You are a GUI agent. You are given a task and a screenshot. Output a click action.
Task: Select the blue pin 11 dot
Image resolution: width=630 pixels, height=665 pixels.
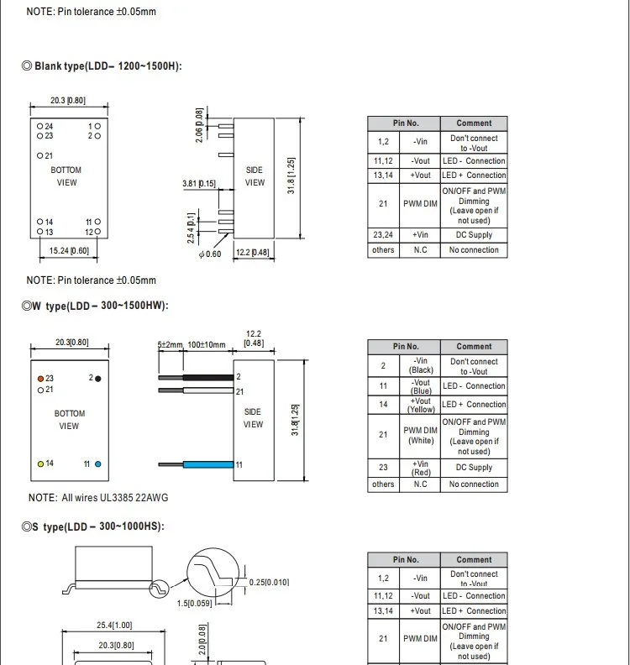[98, 463]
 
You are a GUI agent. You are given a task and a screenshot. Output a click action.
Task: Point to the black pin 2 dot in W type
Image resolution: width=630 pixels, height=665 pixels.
[98, 379]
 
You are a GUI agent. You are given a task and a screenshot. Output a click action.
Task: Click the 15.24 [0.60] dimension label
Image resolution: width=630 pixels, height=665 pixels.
[69, 250]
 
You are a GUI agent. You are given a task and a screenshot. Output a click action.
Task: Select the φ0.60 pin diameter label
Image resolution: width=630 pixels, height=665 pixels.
[210, 254]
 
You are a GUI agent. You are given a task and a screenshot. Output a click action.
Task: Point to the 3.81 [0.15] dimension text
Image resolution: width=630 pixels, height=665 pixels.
[199, 183]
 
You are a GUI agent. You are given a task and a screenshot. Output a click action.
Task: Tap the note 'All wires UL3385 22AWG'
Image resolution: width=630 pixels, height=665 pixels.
[98, 498]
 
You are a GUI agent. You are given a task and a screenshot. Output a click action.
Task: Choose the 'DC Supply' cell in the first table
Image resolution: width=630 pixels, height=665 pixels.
[474, 235]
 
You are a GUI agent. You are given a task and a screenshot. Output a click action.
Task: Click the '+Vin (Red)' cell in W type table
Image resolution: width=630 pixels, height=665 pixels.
[421, 468]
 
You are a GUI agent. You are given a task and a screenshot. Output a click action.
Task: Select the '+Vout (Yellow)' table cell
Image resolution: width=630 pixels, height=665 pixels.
[421, 405]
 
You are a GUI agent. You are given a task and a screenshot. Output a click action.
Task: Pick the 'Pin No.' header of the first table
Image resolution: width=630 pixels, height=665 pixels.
[406, 123]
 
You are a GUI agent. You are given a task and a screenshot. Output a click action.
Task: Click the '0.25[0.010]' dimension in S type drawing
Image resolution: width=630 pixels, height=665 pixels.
[269, 582]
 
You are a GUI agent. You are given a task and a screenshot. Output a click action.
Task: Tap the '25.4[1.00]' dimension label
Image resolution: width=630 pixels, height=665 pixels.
[114, 626]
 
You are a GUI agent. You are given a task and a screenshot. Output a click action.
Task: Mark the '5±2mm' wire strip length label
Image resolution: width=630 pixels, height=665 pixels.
[171, 345]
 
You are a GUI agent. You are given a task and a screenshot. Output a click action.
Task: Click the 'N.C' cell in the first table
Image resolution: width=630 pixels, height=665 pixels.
[421, 250]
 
